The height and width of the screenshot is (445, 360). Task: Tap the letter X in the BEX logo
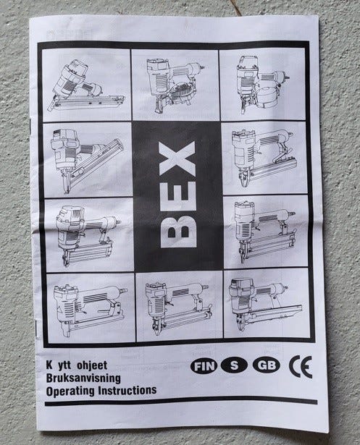point(177,158)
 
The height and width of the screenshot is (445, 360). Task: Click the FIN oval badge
point(204,366)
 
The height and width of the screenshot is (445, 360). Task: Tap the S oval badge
point(234,365)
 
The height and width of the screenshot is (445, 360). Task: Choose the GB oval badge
point(266,365)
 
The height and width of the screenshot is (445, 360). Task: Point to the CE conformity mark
point(301,366)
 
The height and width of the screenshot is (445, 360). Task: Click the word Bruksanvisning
point(83,378)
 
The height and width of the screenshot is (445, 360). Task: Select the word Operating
point(70,391)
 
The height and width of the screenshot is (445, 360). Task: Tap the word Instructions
point(127,390)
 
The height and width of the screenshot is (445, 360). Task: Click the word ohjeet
point(92,365)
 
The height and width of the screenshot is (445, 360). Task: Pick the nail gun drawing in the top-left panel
point(86,85)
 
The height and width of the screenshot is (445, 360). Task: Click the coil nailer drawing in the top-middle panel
point(174,85)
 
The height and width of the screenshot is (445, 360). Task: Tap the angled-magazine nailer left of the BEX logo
point(85,160)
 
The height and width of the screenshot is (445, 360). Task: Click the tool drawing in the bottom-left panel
point(90,310)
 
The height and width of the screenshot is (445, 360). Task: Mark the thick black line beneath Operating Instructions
point(181,402)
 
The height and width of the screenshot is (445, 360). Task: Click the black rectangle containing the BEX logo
point(177,196)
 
